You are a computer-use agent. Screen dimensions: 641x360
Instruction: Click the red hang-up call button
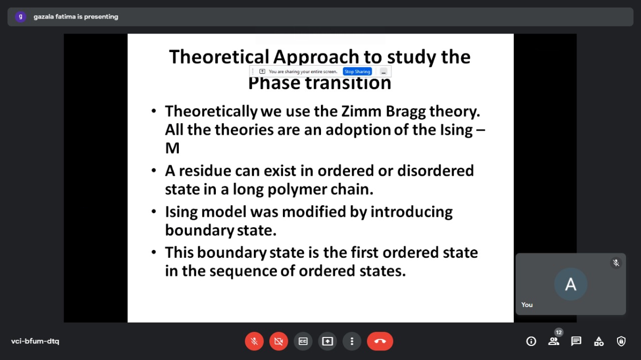click(x=380, y=341)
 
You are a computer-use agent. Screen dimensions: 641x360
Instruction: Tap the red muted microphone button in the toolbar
click(x=254, y=341)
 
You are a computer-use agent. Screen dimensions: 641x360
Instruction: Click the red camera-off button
click(x=279, y=341)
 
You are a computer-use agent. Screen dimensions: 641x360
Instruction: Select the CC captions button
click(x=303, y=341)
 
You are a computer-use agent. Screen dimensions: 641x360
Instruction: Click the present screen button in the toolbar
click(x=328, y=341)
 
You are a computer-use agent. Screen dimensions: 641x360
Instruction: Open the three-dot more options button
click(x=352, y=341)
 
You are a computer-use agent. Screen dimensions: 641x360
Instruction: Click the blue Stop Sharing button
click(x=358, y=72)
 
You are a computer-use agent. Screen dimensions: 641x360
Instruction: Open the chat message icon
click(x=576, y=341)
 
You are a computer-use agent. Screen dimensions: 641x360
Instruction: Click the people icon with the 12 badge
click(x=554, y=340)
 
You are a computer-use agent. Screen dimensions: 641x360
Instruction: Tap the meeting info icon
click(x=531, y=341)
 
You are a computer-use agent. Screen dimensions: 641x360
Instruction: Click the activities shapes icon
click(x=598, y=341)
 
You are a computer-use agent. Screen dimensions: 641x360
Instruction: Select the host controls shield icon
click(x=621, y=341)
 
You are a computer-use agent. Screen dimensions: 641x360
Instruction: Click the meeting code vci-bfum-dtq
click(x=35, y=341)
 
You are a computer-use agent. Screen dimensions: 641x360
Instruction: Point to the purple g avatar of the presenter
click(x=21, y=17)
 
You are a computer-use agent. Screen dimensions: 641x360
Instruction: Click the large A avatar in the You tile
click(x=570, y=284)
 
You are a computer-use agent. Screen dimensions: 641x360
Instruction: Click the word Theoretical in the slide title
click(x=219, y=57)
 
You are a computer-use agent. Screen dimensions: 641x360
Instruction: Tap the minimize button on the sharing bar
click(x=384, y=72)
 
